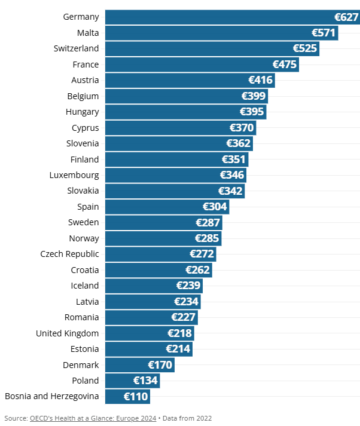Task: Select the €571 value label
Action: [x=324, y=33]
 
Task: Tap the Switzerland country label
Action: [x=76, y=48]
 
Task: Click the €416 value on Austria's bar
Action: [x=261, y=80]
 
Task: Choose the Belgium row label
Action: [x=83, y=96]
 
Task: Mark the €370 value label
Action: [x=242, y=128]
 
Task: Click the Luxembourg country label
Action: [x=74, y=175]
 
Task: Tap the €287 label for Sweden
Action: [x=208, y=222]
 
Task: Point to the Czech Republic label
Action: [x=69, y=254]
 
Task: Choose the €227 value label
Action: [x=184, y=317]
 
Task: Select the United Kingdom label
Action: [x=68, y=333]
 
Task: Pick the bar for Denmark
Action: [x=126, y=364]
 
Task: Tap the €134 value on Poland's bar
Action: [x=145, y=381]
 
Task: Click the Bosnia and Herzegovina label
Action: [x=52, y=396]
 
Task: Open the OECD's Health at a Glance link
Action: [x=93, y=418]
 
